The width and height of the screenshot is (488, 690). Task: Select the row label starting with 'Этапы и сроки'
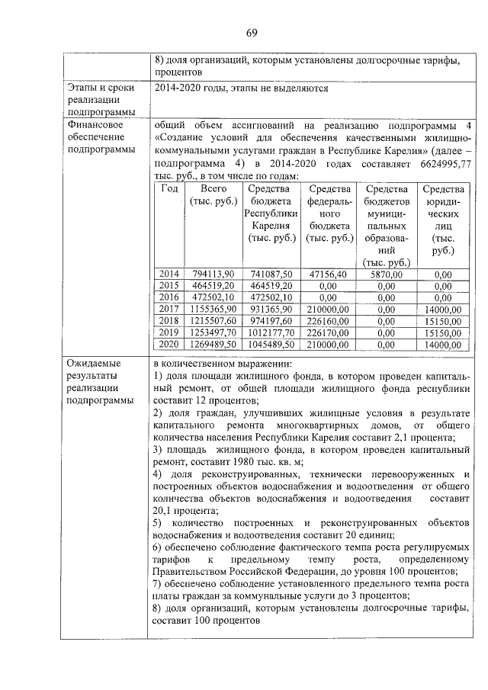click(x=101, y=88)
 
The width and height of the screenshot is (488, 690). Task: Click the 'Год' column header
click(x=170, y=189)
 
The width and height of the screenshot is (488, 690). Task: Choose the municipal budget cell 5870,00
click(x=387, y=274)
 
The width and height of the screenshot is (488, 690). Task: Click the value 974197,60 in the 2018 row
click(x=270, y=321)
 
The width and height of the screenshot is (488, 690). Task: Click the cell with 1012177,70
click(x=270, y=332)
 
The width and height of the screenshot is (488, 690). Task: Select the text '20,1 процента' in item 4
click(x=185, y=511)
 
